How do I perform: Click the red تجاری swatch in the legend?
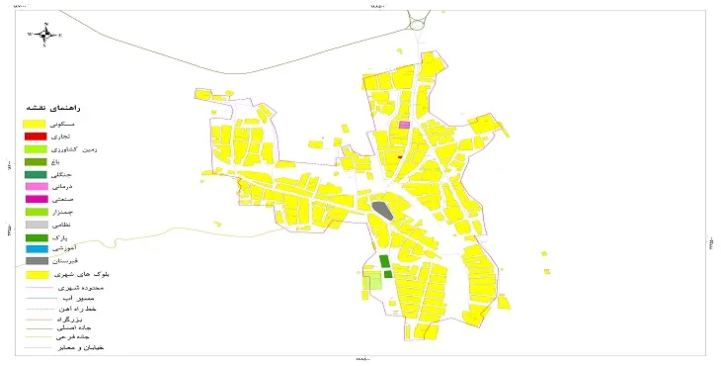[x=37, y=136]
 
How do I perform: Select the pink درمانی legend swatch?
[x=37, y=186]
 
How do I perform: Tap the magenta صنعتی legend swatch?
[x=37, y=199]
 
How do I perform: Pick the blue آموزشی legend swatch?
[x=37, y=249]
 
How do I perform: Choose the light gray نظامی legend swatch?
[x=37, y=225]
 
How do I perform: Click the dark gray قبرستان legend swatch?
[x=37, y=261]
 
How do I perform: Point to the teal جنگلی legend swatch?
[x=37, y=174]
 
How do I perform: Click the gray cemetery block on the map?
[x=381, y=211]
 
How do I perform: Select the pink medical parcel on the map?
[x=404, y=125]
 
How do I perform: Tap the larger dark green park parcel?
[x=384, y=261]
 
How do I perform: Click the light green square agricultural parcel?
[x=373, y=282]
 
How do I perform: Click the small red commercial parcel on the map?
[x=399, y=156]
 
